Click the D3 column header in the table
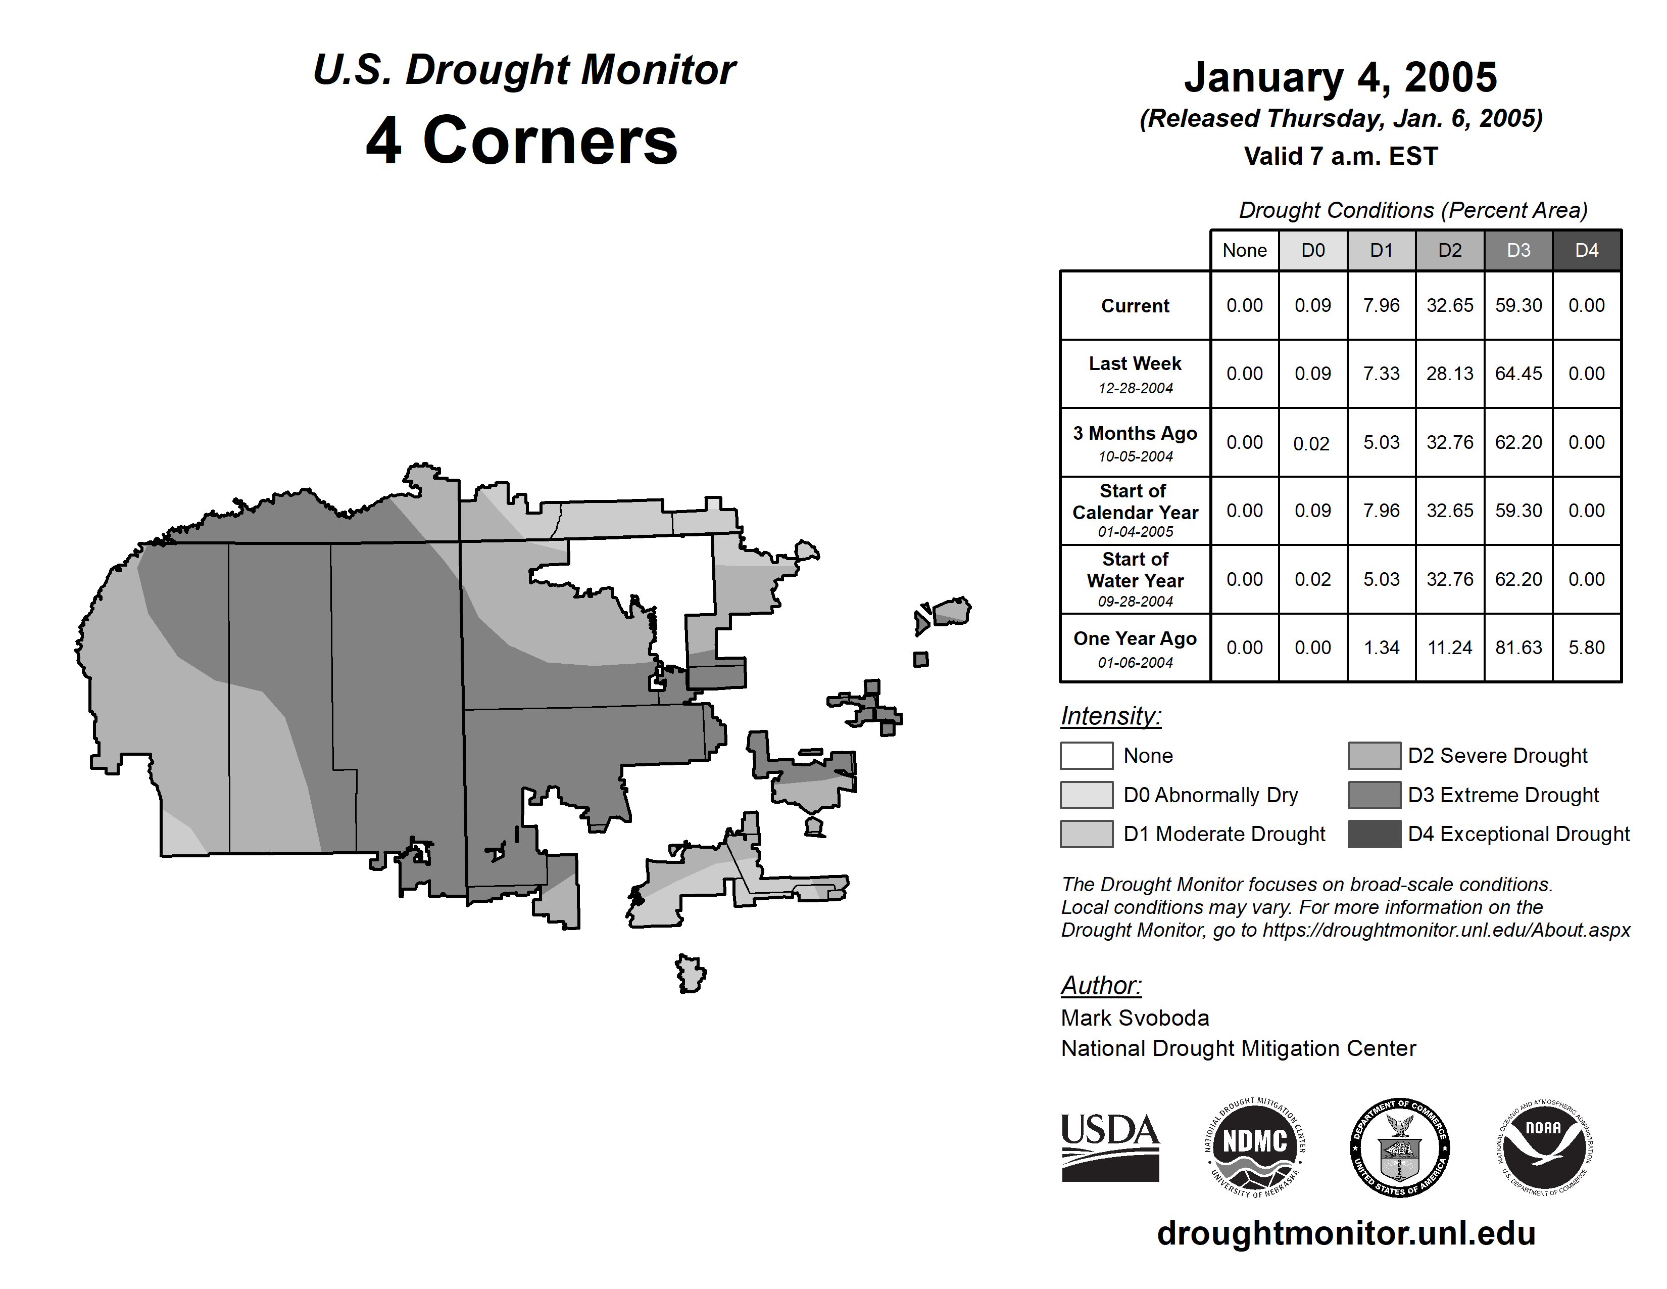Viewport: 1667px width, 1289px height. (1518, 250)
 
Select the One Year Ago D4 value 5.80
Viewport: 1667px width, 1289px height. (1586, 648)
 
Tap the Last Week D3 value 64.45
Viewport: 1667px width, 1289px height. (1518, 374)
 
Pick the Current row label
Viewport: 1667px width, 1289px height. (1135, 305)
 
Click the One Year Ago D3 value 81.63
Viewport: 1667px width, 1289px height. (1518, 648)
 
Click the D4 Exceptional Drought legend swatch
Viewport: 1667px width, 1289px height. (1374, 834)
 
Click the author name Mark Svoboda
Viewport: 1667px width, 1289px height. (1135, 1018)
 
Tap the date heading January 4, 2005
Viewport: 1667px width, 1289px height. (1340, 78)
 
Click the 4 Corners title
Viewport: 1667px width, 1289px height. (522, 141)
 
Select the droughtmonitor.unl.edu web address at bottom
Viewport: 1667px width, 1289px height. (1346, 1233)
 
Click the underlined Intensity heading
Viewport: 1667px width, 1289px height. (1110, 716)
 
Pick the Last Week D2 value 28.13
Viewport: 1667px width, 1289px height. (1449, 374)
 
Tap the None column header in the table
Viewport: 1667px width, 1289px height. (1244, 250)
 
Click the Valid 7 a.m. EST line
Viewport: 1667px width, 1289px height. (1340, 157)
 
